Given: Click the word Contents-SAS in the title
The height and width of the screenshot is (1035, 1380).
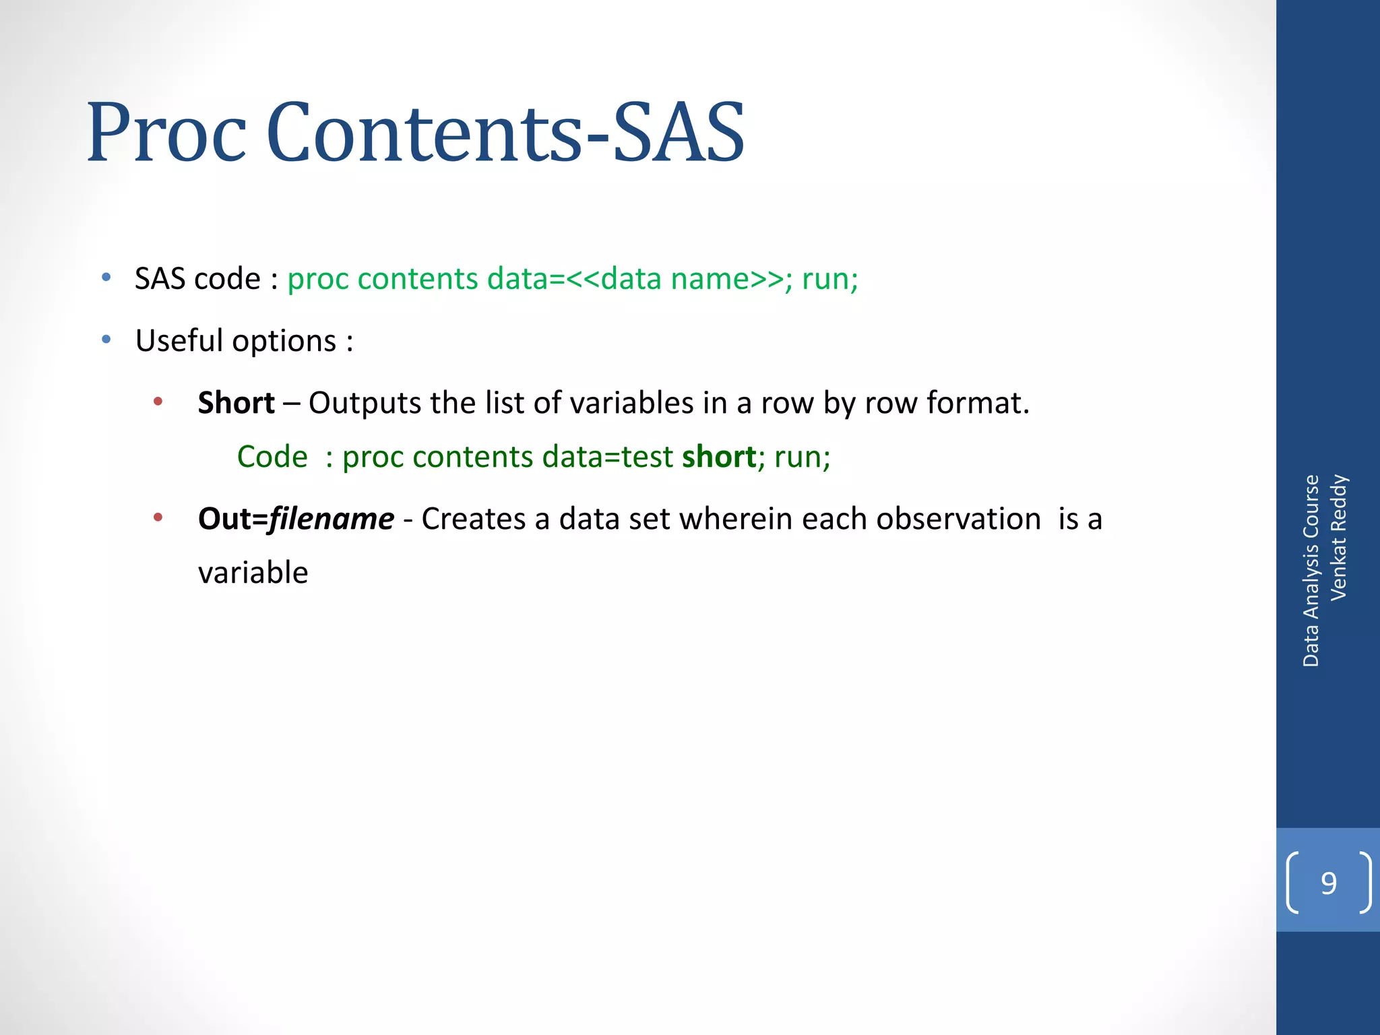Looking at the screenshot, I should [505, 133].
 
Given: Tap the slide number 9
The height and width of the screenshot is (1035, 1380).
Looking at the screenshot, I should [1328, 883].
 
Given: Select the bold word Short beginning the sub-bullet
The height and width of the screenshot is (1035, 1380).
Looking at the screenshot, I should [236, 403].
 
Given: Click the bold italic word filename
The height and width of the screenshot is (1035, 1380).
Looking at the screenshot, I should [332, 519].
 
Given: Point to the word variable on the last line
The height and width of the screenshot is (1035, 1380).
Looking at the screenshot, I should [253, 573].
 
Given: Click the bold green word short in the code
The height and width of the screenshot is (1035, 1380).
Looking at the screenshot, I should [719, 457].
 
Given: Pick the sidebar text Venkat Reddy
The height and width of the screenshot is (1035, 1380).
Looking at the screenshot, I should [1338, 537].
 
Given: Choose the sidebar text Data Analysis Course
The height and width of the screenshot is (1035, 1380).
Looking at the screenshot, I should [1311, 571].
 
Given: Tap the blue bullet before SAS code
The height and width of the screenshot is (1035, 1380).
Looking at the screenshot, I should [106, 278].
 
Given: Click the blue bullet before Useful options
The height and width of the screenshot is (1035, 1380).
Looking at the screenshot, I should [106, 340].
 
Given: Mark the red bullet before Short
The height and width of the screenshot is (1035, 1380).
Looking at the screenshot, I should [158, 402].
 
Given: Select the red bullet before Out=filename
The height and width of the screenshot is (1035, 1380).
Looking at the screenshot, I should [158, 518].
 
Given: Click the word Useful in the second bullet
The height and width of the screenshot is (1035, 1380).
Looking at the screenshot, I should [179, 340].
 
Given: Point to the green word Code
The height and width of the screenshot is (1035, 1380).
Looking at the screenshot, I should [272, 457].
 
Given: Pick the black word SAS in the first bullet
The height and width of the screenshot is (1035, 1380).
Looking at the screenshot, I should [160, 278].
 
